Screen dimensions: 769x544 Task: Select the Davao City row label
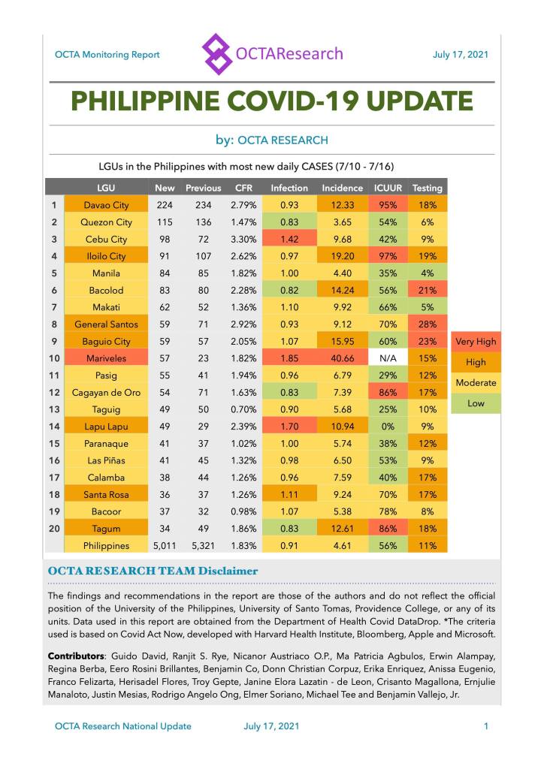(x=106, y=205)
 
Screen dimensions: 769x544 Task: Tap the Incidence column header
(x=342, y=188)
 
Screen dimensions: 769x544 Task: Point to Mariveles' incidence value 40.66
(x=342, y=358)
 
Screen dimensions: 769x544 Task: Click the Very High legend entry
(x=475, y=342)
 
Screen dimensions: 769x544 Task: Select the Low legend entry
(x=475, y=403)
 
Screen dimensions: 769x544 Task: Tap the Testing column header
(x=428, y=188)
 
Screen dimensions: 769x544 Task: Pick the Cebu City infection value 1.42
(x=289, y=239)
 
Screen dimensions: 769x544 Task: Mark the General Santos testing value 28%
(x=428, y=324)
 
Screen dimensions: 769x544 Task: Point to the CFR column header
(x=243, y=188)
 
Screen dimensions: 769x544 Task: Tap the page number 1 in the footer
(x=486, y=726)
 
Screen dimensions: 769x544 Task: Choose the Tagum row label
(x=106, y=529)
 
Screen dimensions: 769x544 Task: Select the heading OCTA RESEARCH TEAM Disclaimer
(x=153, y=571)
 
